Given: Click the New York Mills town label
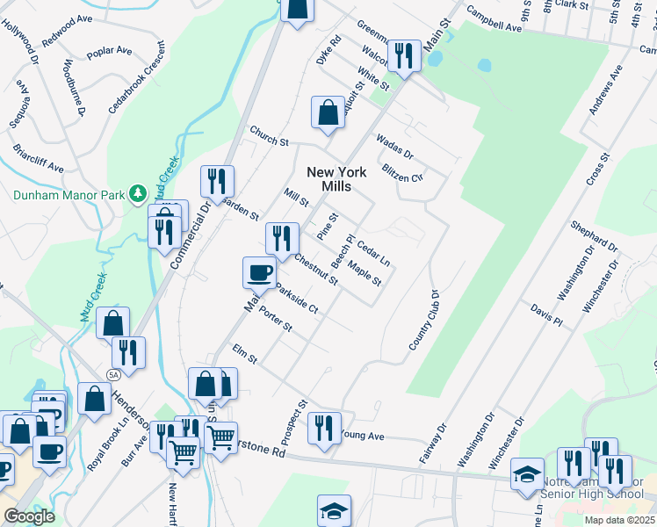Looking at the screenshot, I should (x=336, y=179).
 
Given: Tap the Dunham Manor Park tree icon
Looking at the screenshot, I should (x=136, y=192).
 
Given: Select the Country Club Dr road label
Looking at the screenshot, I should (x=422, y=320).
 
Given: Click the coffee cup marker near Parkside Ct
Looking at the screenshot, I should (x=259, y=272).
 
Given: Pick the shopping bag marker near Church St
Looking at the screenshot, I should (x=328, y=113).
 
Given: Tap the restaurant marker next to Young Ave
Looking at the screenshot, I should (x=324, y=428).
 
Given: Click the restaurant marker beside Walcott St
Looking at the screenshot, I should (x=404, y=57).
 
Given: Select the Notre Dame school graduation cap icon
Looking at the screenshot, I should (x=527, y=474).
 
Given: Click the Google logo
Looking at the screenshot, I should (x=29, y=516).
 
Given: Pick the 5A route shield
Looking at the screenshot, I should (x=112, y=374).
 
